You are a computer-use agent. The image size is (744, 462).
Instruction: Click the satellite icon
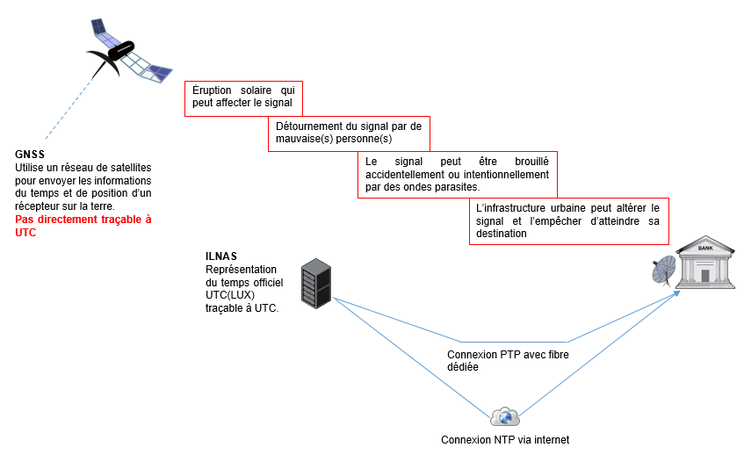tap(126, 51)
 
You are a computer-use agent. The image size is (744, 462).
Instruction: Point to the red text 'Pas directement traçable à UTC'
tap(83, 226)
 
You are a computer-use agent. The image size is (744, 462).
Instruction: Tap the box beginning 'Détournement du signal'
tap(348, 133)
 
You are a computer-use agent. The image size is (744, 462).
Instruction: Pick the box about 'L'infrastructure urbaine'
tap(568, 220)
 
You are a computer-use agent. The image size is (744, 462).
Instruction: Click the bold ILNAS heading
tap(222, 256)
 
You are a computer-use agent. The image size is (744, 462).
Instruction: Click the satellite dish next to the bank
tap(664, 271)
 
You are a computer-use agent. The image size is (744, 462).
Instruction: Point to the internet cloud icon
tap(505, 416)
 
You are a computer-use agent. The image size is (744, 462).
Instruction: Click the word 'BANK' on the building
tap(704, 248)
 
